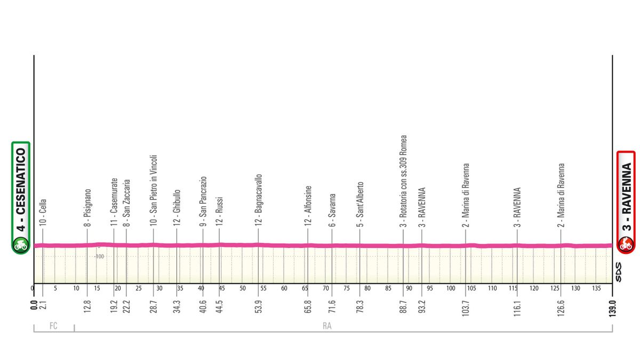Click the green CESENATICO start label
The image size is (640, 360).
(x=21, y=189)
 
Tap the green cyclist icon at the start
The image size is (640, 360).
(x=21, y=246)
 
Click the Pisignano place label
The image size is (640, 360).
(x=87, y=208)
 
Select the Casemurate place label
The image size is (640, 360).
(x=114, y=203)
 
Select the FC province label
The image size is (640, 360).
(x=53, y=326)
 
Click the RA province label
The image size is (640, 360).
(x=327, y=326)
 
